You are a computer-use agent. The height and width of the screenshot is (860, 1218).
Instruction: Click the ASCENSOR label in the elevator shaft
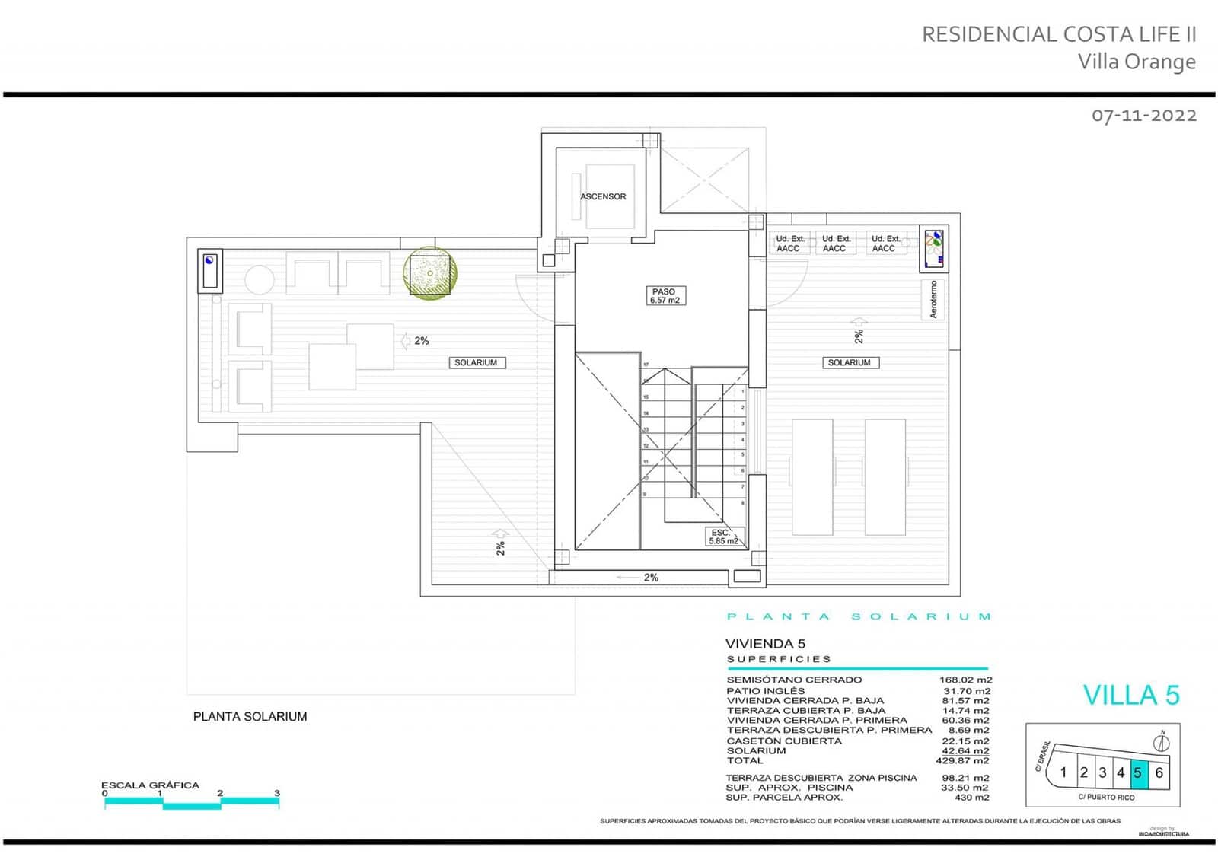(x=603, y=196)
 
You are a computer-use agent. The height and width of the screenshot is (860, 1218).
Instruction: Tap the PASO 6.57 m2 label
(x=664, y=296)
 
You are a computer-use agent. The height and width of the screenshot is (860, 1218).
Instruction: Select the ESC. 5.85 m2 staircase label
(x=722, y=537)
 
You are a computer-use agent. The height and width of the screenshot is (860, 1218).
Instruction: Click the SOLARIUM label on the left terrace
(x=476, y=363)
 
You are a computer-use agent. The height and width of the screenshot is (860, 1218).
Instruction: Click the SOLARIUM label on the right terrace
(x=849, y=363)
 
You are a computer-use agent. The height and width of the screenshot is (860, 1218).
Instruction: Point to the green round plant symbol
(x=430, y=273)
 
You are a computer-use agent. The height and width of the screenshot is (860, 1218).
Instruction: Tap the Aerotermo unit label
(x=933, y=299)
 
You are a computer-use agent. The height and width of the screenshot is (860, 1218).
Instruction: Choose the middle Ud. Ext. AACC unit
(x=834, y=244)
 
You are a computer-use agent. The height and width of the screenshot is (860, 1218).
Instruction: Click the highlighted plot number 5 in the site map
(x=1138, y=772)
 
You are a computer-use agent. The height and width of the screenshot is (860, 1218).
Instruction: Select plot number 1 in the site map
(x=1063, y=772)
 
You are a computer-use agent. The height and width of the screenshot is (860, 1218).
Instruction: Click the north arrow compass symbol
(x=1162, y=742)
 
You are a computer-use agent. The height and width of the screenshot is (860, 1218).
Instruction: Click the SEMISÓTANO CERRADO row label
(x=794, y=680)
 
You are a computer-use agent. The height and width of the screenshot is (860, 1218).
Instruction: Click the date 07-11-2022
(x=1143, y=116)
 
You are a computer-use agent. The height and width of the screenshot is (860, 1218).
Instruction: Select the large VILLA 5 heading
(x=1130, y=695)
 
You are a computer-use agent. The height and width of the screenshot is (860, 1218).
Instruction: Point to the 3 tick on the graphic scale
(x=277, y=794)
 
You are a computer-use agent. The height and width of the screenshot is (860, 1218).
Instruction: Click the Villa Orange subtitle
(x=1137, y=62)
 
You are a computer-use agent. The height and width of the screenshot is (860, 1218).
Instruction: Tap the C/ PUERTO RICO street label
(x=1105, y=798)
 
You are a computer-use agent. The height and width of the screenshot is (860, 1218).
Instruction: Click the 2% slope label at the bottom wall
(x=650, y=578)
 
